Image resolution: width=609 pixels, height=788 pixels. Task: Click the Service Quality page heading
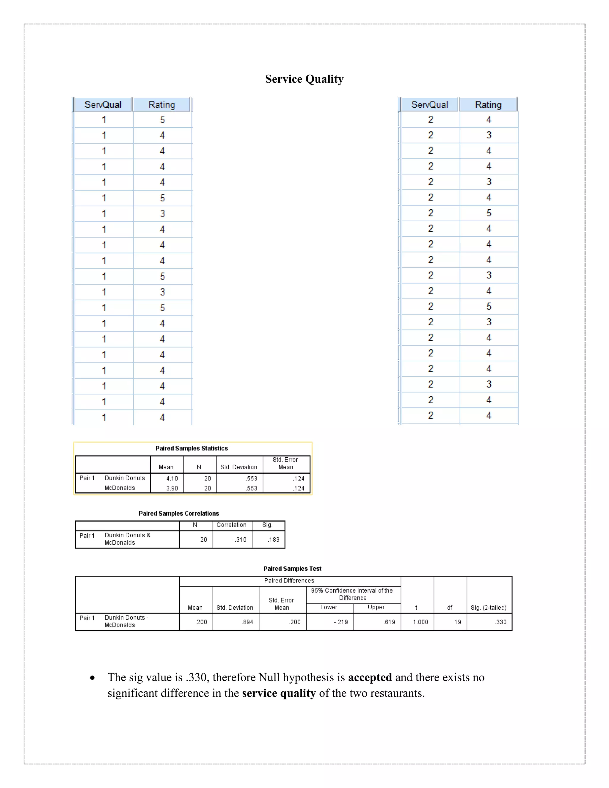[304, 79]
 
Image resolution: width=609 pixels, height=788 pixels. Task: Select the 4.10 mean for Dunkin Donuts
[172, 478]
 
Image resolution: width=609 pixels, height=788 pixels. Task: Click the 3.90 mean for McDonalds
[172, 488]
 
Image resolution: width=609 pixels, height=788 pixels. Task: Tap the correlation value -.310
[239, 540]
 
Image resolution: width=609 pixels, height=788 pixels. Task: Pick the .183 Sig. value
[274, 540]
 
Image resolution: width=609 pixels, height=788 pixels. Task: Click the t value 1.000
[420, 622]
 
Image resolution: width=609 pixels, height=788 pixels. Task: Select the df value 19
[457, 622]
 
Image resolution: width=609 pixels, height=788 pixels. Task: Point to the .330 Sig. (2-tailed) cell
[500, 622]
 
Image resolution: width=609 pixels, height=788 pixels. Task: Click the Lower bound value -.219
[340, 622]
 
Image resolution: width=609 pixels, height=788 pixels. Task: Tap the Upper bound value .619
[389, 622]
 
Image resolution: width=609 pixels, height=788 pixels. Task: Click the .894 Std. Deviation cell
[247, 622]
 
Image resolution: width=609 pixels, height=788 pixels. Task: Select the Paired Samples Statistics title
[192, 448]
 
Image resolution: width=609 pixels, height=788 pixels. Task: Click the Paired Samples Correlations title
[179, 514]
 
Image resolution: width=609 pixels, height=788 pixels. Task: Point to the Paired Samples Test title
[292, 569]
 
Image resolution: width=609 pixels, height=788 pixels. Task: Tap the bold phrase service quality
[279, 693]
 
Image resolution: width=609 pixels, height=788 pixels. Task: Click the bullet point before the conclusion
[93, 678]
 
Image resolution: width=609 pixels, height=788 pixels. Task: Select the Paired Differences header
[289, 580]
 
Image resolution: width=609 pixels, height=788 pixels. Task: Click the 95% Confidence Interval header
[352, 594]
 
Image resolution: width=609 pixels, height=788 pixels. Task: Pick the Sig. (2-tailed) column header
[489, 608]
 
